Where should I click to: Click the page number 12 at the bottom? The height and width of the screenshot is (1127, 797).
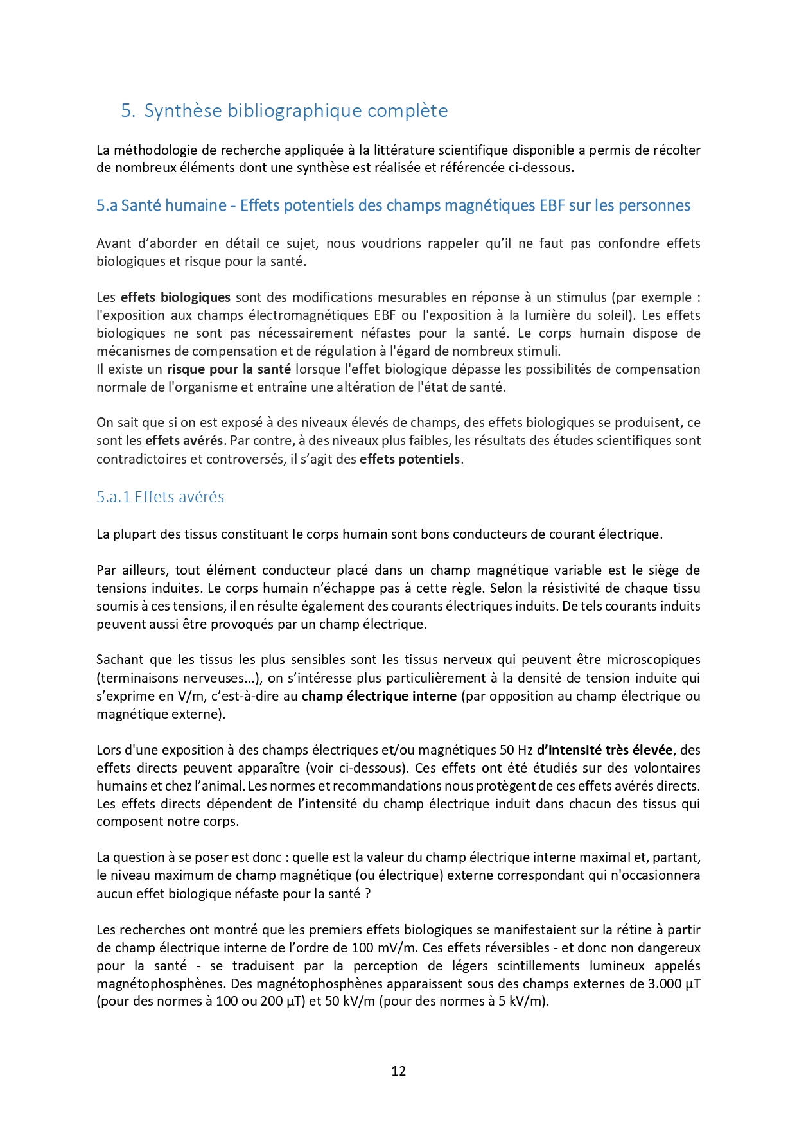pos(398,1070)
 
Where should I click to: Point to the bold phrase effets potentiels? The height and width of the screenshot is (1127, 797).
pos(410,459)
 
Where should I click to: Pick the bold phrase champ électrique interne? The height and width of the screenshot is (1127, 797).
pos(379,696)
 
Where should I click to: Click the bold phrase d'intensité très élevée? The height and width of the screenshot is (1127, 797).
pos(604,750)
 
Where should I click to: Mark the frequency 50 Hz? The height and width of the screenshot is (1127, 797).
pos(516,750)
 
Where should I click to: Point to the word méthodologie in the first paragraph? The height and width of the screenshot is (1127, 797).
pos(155,150)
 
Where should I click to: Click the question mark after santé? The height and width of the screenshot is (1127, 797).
pos(367,894)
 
